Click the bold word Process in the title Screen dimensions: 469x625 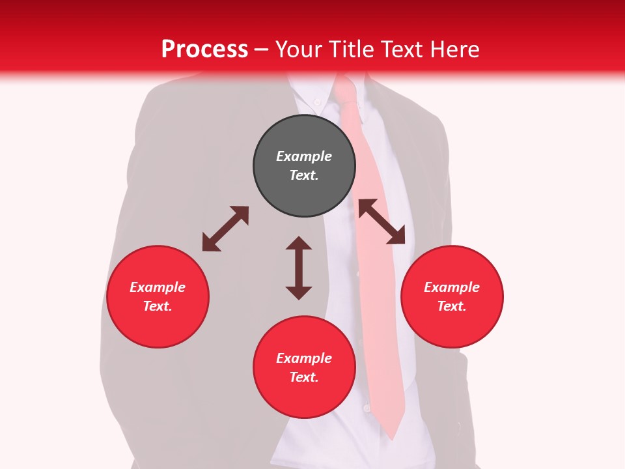point(204,50)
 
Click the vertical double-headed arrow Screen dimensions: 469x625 point(299,268)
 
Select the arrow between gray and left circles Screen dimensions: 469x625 point(225,229)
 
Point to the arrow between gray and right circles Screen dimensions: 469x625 point(382,221)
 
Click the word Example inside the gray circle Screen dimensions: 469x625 point(304,156)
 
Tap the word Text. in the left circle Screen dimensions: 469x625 point(158,306)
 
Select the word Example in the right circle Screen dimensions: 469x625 point(452,287)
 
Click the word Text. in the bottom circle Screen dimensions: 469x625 point(304,377)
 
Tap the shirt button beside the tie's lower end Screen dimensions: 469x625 point(367,408)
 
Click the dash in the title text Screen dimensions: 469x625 point(262,50)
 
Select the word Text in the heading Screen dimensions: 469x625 point(403,50)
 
